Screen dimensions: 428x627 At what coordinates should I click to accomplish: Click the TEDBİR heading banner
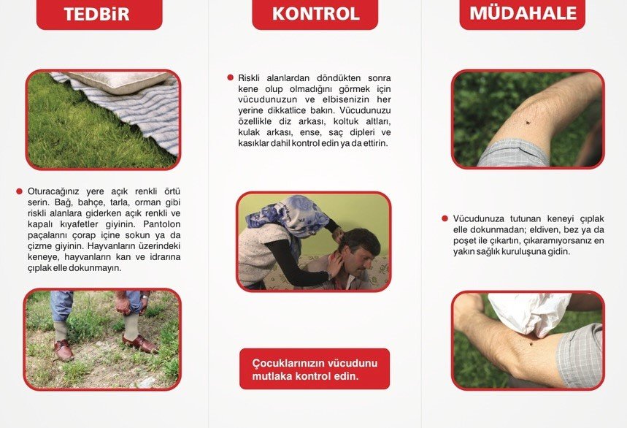(x=99, y=14)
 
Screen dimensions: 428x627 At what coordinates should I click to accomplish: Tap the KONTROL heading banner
(x=315, y=14)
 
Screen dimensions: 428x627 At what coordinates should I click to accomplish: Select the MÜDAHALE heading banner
(x=523, y=13)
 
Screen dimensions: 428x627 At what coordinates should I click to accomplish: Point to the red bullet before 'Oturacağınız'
(x=20, y=191)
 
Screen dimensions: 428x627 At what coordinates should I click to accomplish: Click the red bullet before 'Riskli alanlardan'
(x=230, y=77)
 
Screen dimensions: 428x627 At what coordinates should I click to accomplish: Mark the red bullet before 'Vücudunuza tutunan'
(x=445, y=218)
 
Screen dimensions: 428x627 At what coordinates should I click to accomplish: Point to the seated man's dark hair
(x=360, y=240)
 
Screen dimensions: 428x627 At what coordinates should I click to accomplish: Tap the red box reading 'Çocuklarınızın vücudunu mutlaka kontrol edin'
(x=315, y=369)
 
